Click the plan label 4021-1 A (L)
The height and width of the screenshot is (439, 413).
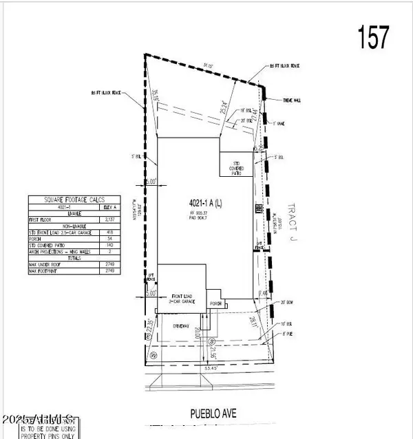[204, 204]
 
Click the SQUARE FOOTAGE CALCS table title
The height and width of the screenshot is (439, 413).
[72, 200]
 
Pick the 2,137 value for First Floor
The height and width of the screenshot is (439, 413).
[108, 220]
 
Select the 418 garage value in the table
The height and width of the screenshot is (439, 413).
[108, 232]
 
